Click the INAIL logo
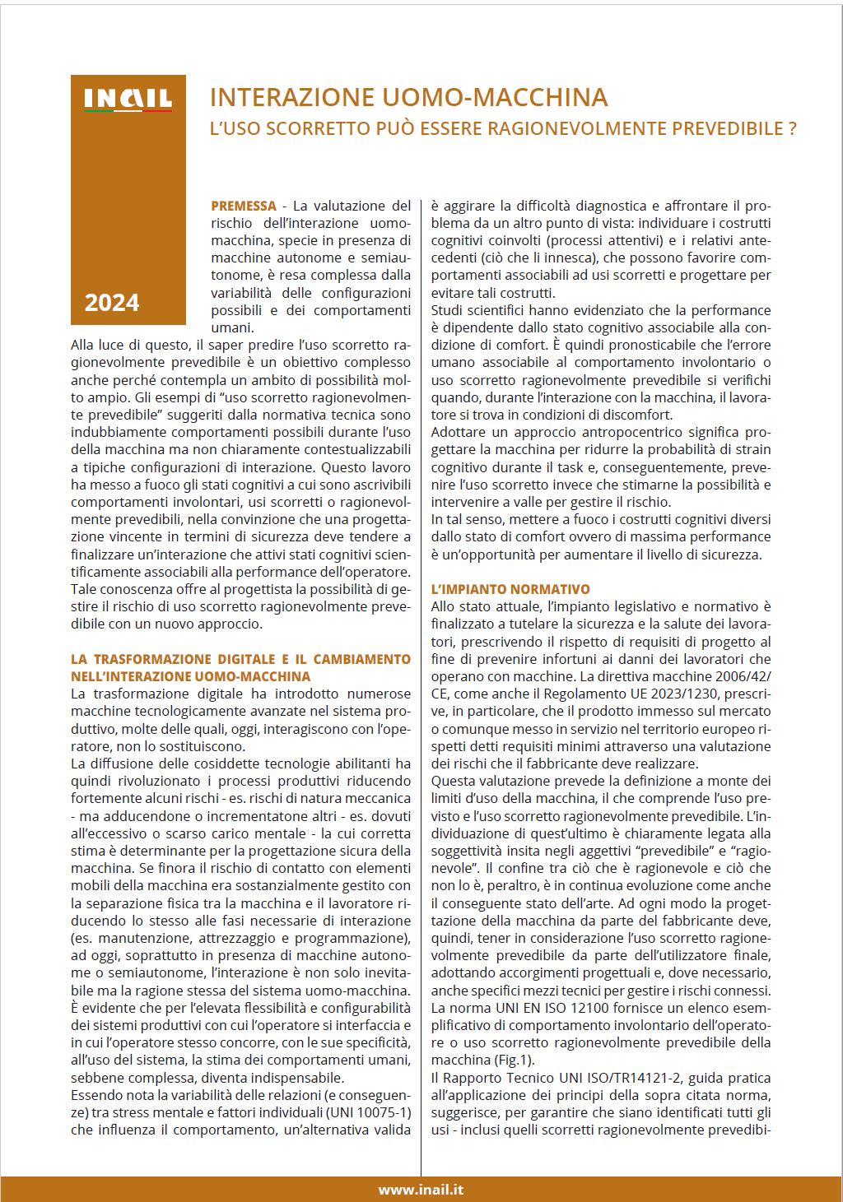click(128, 100)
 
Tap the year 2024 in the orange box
click(112, 303)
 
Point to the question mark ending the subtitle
click(792, 128)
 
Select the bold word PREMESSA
click(244, 206)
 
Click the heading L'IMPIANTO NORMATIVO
click(510, 589)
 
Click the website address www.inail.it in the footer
click(421, 1190)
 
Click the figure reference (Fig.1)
click(515, 1060)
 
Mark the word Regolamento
click(580, 694)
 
